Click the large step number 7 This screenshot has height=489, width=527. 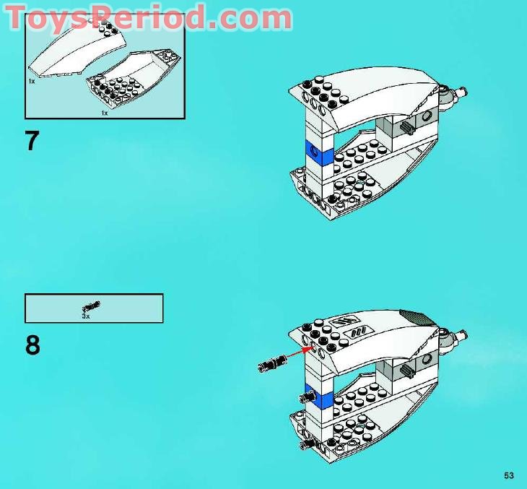click(x=32, y=140)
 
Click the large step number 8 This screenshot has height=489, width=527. click(x=32, y=345)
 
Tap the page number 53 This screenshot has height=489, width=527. click(x=509, y=475)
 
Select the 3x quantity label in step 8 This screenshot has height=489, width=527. click(x=85, y=316)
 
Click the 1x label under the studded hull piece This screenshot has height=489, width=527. click(x=104, y=113)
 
